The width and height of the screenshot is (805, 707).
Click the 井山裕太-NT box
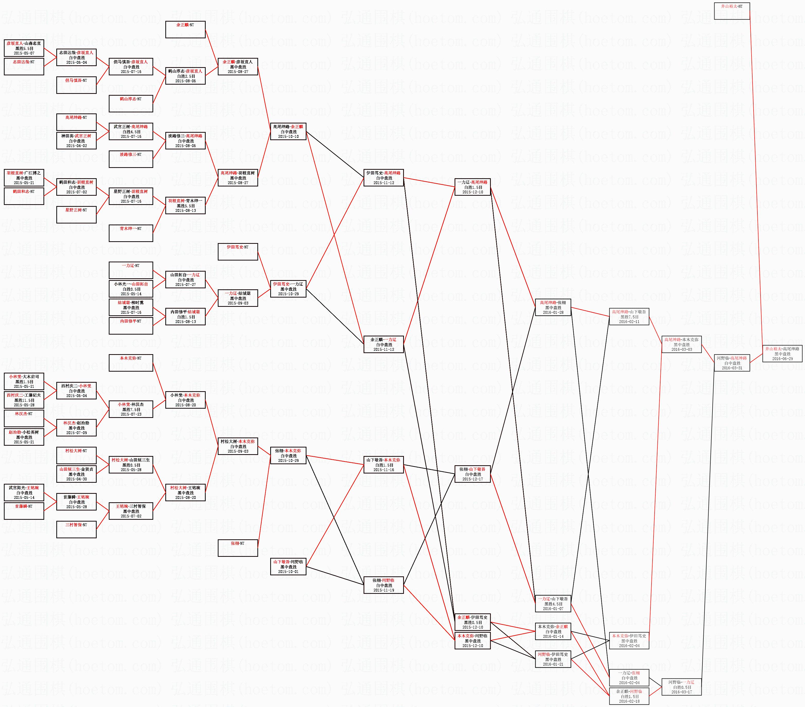tap(731, 11)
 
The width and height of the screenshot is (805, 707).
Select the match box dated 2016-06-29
tap(782, 354)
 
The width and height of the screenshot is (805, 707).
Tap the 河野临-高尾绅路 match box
tap(731, 363)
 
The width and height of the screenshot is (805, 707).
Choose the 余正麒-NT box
tap(185, 30)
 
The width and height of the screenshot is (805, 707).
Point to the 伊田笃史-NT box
tap(238, 252)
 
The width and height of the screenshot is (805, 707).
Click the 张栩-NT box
tap(238, 548)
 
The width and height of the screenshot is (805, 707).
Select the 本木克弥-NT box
tap(131, 363)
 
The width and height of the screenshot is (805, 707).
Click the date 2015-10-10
tap(288, 137)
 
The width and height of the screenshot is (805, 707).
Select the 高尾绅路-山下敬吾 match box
tap(629, 317)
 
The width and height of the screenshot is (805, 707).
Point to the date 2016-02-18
tap(629, 701)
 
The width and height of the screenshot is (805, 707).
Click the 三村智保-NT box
tap(76, 529)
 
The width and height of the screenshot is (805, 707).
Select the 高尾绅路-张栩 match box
tap(553, 307)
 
